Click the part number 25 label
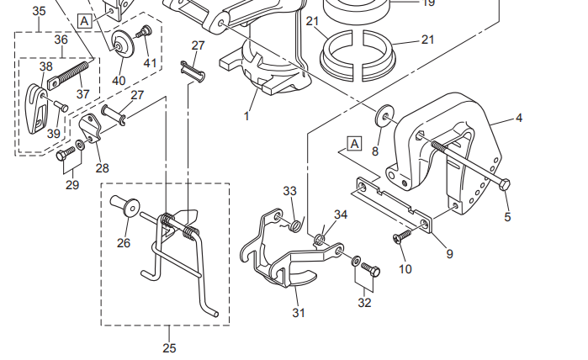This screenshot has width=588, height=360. point(169,347)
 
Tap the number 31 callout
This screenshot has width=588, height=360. point(299,312)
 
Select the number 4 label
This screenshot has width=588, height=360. point(519,118)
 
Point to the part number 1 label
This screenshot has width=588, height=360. point(246,115)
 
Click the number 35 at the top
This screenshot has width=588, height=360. point(40,11)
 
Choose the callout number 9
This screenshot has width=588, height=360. point(449,252)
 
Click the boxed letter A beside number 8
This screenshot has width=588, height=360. point(354,144)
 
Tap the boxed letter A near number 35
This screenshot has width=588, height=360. point(84,19)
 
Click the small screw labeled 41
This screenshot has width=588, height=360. point(144,33)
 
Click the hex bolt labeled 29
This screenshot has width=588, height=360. point(63,156)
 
